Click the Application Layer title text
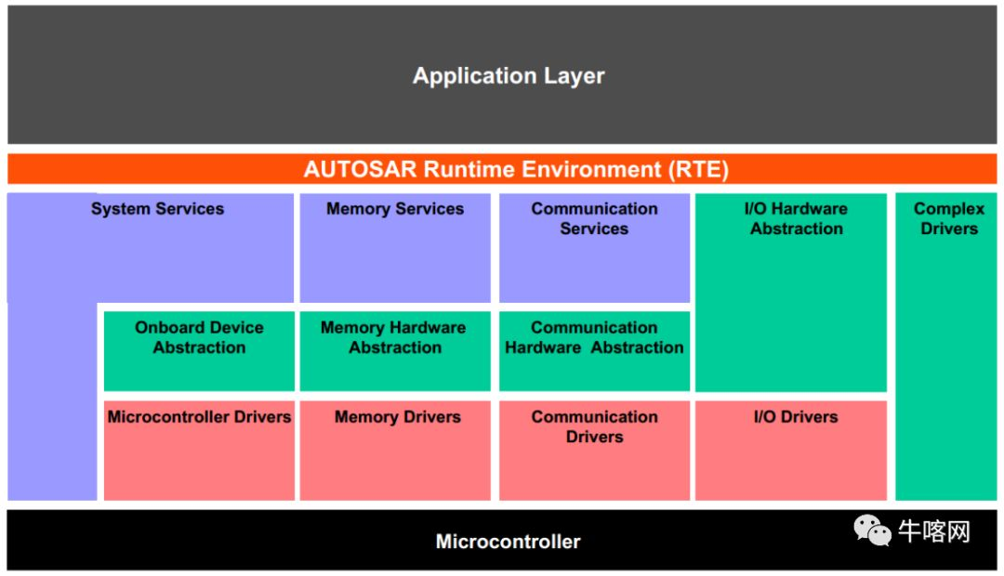(x=509, y=76)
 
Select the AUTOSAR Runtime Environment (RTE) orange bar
(x=502, y=169)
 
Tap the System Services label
(x=157, y=209)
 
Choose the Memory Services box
(x=394, y=247)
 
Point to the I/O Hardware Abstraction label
(x=797, y=219)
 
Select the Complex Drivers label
(x=948, y=219)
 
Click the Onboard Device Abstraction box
(x=199, y=350)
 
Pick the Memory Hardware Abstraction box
(x=394, y=350)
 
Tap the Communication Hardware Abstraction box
(x=594, y=350)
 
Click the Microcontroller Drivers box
(x=199, y=450)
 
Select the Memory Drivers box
(x=394, y=450)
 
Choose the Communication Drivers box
(x=594, y=450)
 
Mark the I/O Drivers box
(x=791, y=450)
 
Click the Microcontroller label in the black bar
(x=508, y=541)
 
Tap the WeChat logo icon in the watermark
(x=873, y=530)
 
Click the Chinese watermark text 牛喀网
(x=933, y=531)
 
